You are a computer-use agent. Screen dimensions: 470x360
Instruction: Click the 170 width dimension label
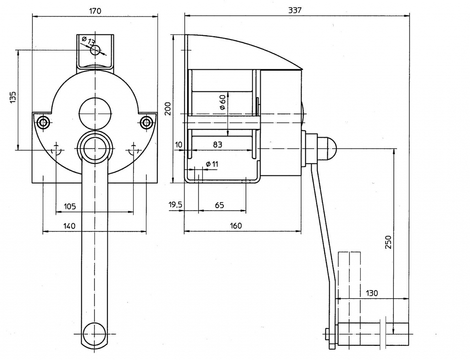(95, 11)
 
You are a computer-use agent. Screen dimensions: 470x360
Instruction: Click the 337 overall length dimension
(295, 10)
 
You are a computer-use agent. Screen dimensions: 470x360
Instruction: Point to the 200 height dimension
(168, 109)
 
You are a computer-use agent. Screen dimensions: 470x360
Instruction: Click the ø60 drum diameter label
(223, 102)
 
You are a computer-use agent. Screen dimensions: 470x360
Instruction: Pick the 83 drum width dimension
(218, 145)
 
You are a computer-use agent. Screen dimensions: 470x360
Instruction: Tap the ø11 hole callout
(212, 164)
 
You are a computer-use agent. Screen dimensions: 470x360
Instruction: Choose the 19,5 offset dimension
(175, 205)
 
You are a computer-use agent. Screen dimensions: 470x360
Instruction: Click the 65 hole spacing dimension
(219, 205)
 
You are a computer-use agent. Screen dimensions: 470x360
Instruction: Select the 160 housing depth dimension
(235, 225)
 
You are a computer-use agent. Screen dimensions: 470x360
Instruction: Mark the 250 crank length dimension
(388, 242)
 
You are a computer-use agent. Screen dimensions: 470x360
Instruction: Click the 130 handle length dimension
(372, 293)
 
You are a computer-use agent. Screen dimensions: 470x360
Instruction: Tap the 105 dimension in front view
(70, 206)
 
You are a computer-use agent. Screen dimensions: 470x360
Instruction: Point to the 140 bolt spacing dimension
(69, 225)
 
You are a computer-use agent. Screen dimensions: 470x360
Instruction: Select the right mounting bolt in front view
(146, 122)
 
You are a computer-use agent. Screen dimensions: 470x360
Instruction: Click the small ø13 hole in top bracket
(95, 50)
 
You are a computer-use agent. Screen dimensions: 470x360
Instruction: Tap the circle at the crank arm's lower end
(95, 333)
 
